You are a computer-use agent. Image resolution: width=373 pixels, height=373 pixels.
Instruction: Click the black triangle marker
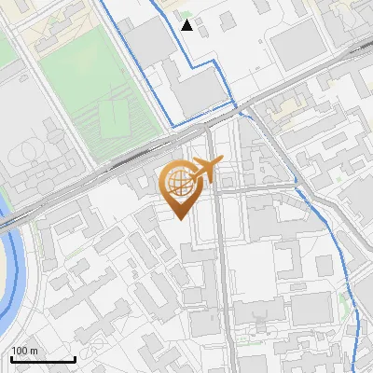click(187, 25)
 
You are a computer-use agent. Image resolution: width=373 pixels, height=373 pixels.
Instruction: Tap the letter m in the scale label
click(35, 351)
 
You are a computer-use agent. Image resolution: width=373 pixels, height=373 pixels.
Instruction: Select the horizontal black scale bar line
click(42, 359)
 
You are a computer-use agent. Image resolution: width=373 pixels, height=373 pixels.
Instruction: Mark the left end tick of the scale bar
click(10, 357)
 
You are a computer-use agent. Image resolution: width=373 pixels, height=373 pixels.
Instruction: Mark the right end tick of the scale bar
click(75, 357)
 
